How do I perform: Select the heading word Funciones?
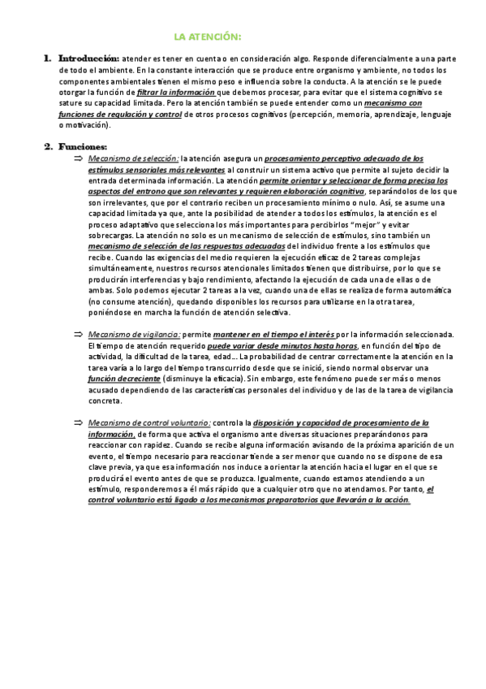pos(83,146)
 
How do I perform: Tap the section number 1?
pos(47,59)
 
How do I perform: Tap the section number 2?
pos(47,146)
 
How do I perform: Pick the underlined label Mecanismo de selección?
pos(133,158)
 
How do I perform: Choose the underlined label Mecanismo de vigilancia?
pos(134,334)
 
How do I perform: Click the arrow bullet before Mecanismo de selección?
pos(78,158)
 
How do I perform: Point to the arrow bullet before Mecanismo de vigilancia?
pos(78,334)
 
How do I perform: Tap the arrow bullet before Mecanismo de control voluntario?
pos(78,423)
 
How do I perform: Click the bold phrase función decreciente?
pos(123,379)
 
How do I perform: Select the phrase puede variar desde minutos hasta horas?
pos(271,345)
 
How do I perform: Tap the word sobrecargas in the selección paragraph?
pos(110,235)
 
